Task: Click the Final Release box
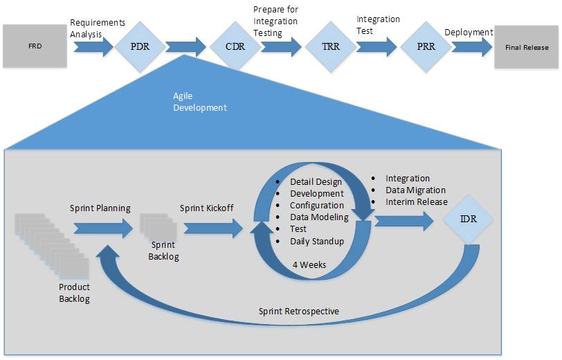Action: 526,47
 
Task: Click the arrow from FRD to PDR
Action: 92,47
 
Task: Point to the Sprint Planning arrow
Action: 102,227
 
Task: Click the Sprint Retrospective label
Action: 299,311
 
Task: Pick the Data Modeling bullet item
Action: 319,217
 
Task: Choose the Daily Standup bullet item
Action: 317,242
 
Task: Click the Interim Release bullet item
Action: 416,201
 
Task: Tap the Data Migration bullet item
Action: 415,190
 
